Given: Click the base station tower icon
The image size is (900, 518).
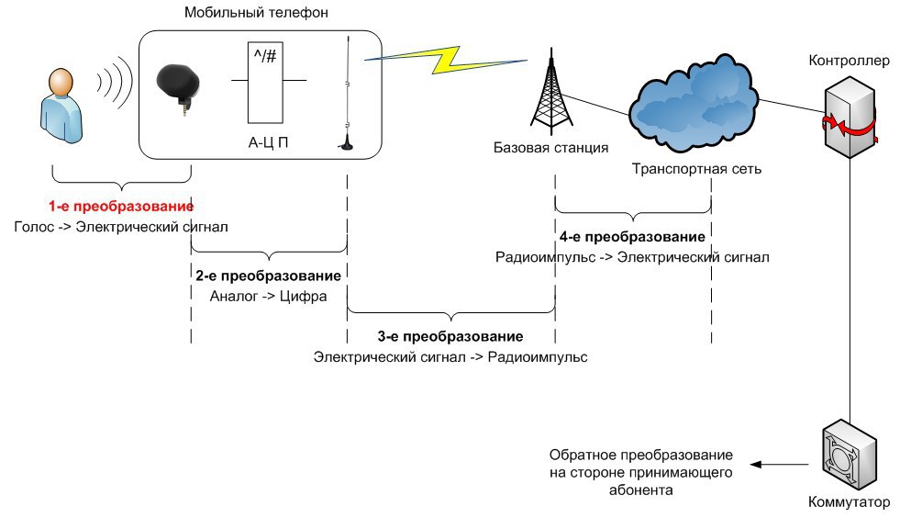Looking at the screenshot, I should [550, 92].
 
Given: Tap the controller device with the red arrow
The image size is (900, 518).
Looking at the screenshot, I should [849, 119].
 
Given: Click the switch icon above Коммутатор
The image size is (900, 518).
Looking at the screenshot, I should [848, 455].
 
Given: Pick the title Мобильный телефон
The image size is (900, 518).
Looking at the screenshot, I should [256, 13].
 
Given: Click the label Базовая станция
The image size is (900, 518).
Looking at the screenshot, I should [550, 147].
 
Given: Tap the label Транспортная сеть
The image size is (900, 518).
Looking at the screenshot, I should [696, 169].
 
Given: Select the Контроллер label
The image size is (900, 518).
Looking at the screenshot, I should [849, 62].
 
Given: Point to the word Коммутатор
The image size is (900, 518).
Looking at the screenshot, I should [850, 502].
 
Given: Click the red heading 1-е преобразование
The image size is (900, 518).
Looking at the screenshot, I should [121, 206].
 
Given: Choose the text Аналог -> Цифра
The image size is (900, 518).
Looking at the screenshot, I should [268, 296].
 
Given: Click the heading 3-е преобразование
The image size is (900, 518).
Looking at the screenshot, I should [450, 336].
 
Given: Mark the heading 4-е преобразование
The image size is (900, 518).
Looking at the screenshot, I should [632, 237].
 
